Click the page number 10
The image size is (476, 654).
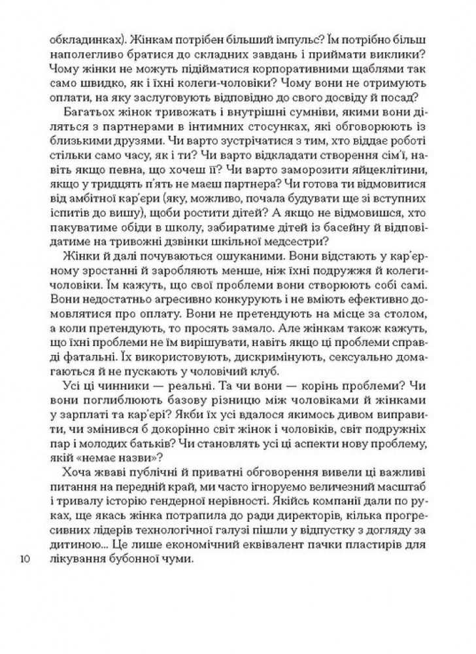pos(26,559)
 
